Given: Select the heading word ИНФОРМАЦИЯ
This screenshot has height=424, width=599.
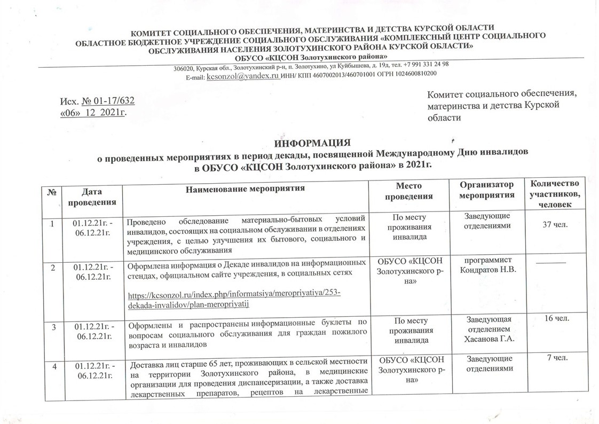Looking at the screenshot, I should coord(312,143).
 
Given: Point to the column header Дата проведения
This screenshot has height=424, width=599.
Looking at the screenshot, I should coord(90,195).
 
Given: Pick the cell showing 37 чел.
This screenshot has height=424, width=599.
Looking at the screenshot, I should coord(554,226).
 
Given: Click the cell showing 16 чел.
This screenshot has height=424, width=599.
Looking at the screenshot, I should coord(554,319).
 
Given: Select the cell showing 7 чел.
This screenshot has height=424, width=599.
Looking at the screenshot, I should coord(554,357).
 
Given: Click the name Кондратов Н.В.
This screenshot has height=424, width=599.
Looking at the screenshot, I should coord(485,269).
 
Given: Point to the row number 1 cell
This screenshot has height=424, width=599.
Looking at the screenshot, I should coord(53,223).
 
